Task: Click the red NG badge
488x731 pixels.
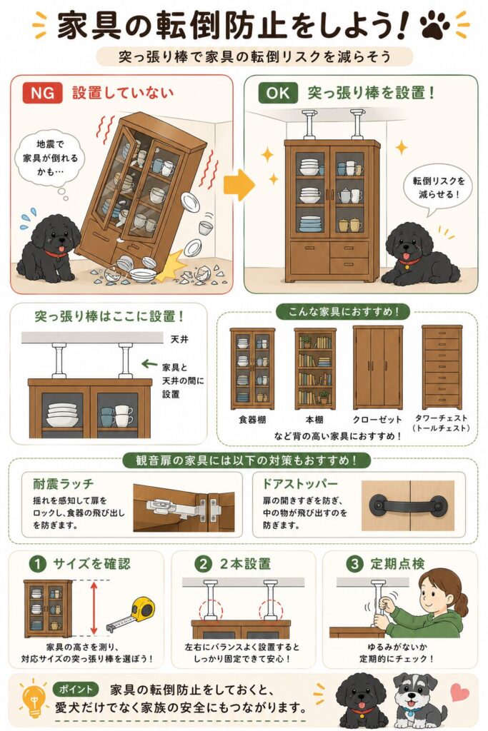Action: [42, 93]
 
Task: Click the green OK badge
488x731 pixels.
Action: [278, 93]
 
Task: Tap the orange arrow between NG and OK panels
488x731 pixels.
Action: [239, 185]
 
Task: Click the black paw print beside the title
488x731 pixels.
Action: [434, 26]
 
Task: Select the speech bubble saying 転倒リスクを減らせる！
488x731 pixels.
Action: [437, 188]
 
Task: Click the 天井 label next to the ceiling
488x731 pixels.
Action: [179, 339]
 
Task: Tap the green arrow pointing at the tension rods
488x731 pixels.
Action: [149, 363]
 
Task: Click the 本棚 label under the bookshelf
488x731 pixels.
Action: [314, 420]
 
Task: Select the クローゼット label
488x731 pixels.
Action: [377, 420]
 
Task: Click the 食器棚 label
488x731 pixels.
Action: [252, 420]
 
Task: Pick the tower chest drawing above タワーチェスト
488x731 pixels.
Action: [442, 368]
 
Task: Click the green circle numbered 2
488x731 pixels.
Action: [203, 564]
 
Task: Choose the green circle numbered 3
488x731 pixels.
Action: [354, 564]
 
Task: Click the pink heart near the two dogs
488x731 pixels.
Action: [460, 691]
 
